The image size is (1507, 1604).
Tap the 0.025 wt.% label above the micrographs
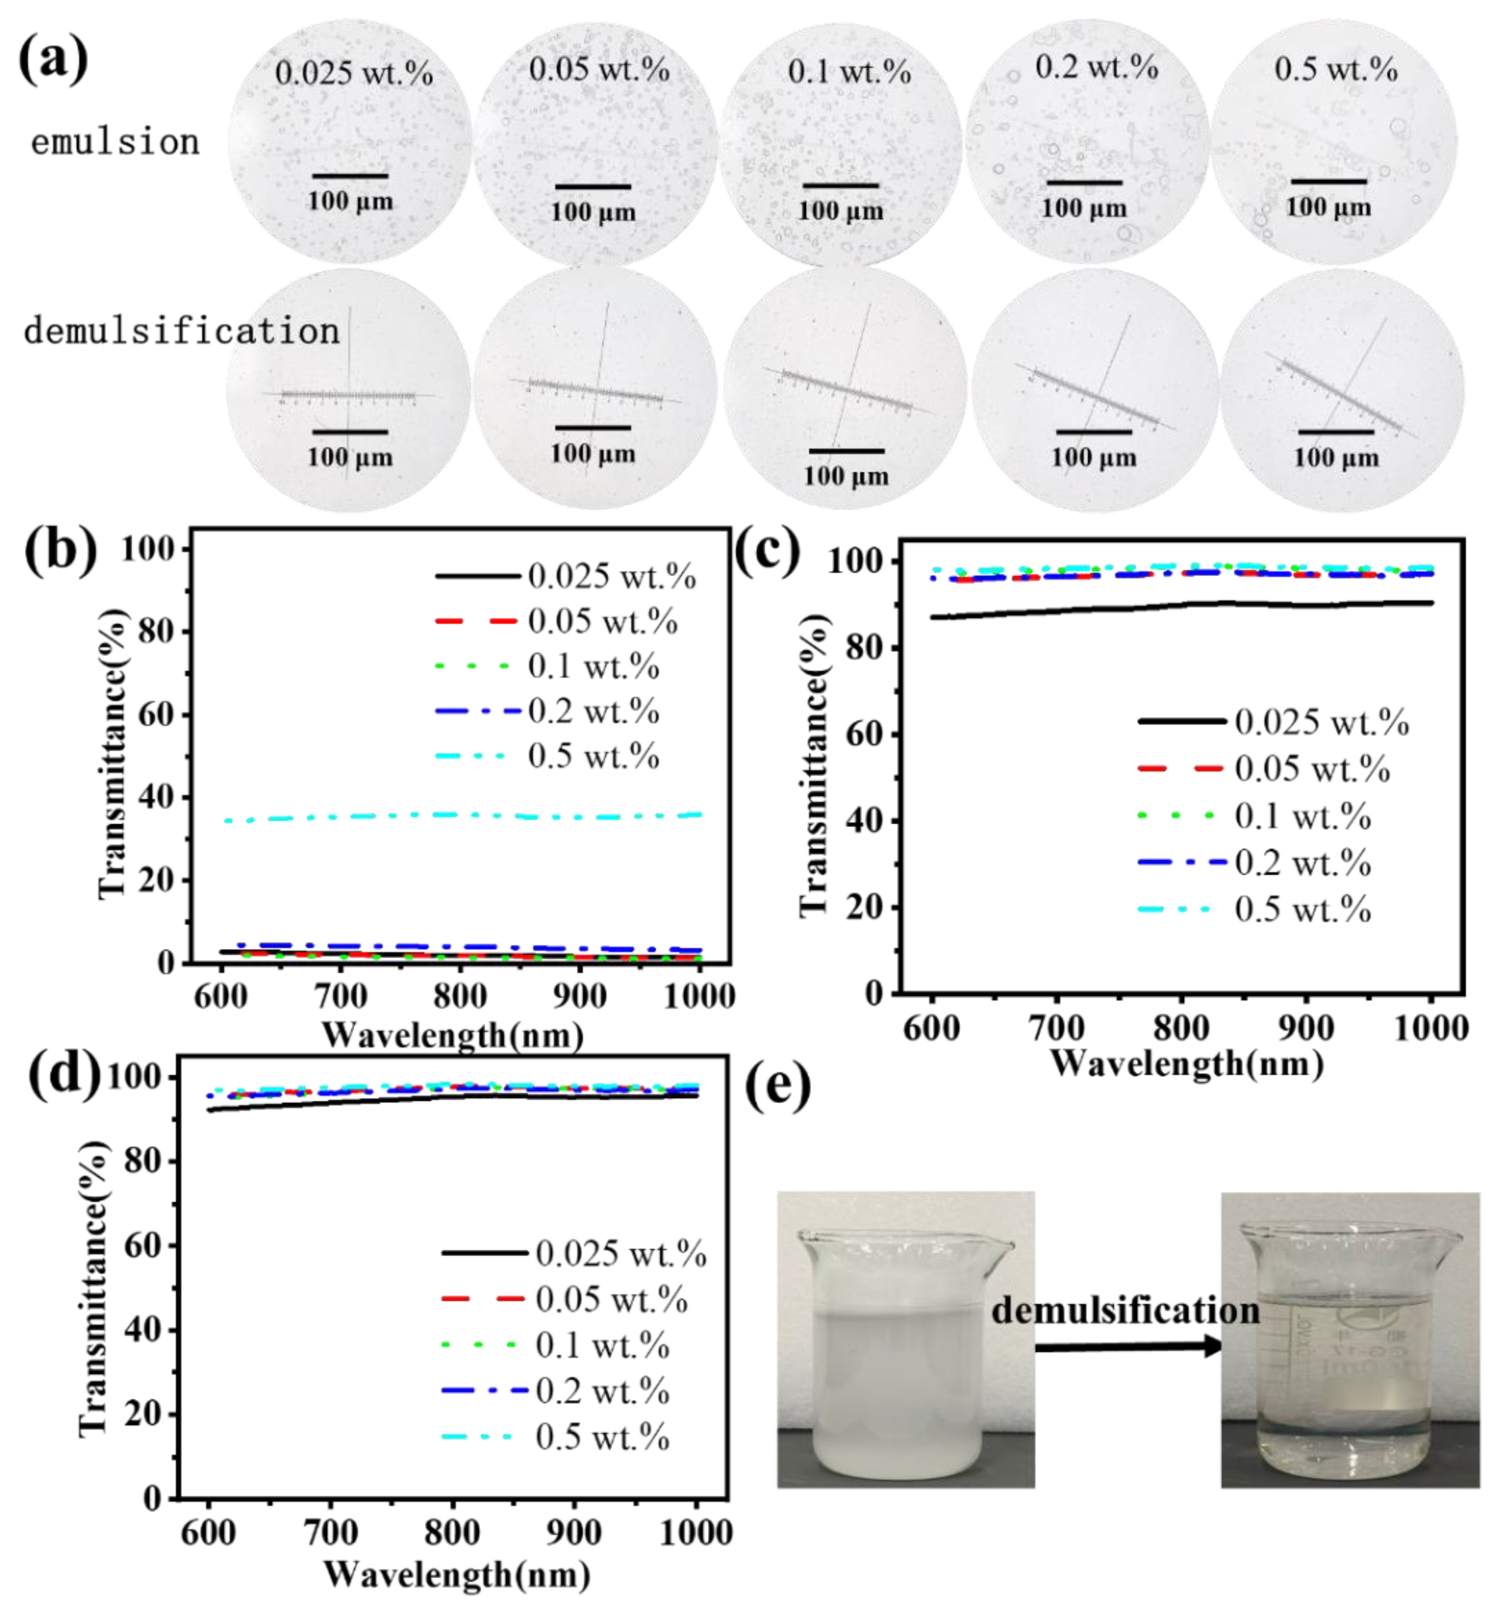point(353,74)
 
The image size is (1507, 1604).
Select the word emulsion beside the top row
point(115,143)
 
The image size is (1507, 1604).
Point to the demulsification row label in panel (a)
point(181,332)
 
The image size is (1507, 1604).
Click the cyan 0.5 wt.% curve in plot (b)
point(460,815)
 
